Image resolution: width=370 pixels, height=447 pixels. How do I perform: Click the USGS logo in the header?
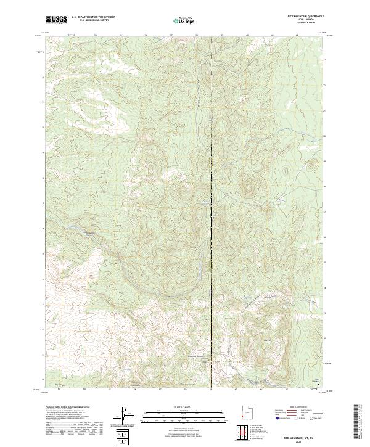pos(56,20)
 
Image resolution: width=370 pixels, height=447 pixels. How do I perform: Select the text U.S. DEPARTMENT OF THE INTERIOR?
pos(93,17)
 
